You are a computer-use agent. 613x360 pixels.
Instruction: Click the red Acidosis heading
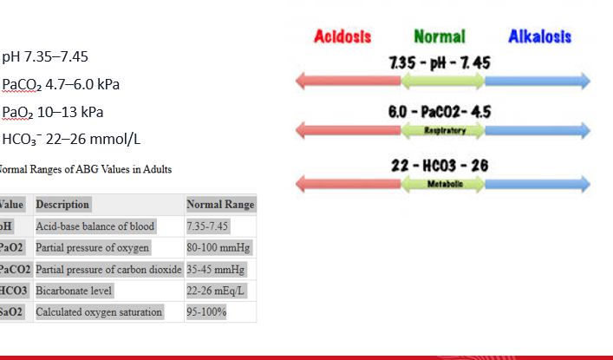(x=342, y=37)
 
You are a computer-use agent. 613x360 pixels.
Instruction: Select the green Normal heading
(x=440, y=37)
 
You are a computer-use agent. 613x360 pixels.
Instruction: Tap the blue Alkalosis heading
(x=540, y=37)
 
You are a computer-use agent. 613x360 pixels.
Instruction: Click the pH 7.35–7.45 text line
(x=45, y=58)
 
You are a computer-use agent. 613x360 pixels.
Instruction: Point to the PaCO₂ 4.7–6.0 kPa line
(x=61, y=85)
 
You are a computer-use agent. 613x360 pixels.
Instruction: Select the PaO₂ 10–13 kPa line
(x=54, y=112)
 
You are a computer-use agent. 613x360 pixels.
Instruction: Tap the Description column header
(x=62, y=205)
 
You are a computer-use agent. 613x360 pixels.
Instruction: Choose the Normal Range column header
(x=220, y=205)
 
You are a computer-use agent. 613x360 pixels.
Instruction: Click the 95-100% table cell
(x=206, y=311)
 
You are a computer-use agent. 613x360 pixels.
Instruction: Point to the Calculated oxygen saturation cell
(x=99, y=311)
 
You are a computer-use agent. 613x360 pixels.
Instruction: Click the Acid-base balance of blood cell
(x=95, y=226)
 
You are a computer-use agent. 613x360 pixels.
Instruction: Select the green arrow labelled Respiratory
(x=442, y=130)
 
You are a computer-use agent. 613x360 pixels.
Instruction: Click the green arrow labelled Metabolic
(x=442, y=184)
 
